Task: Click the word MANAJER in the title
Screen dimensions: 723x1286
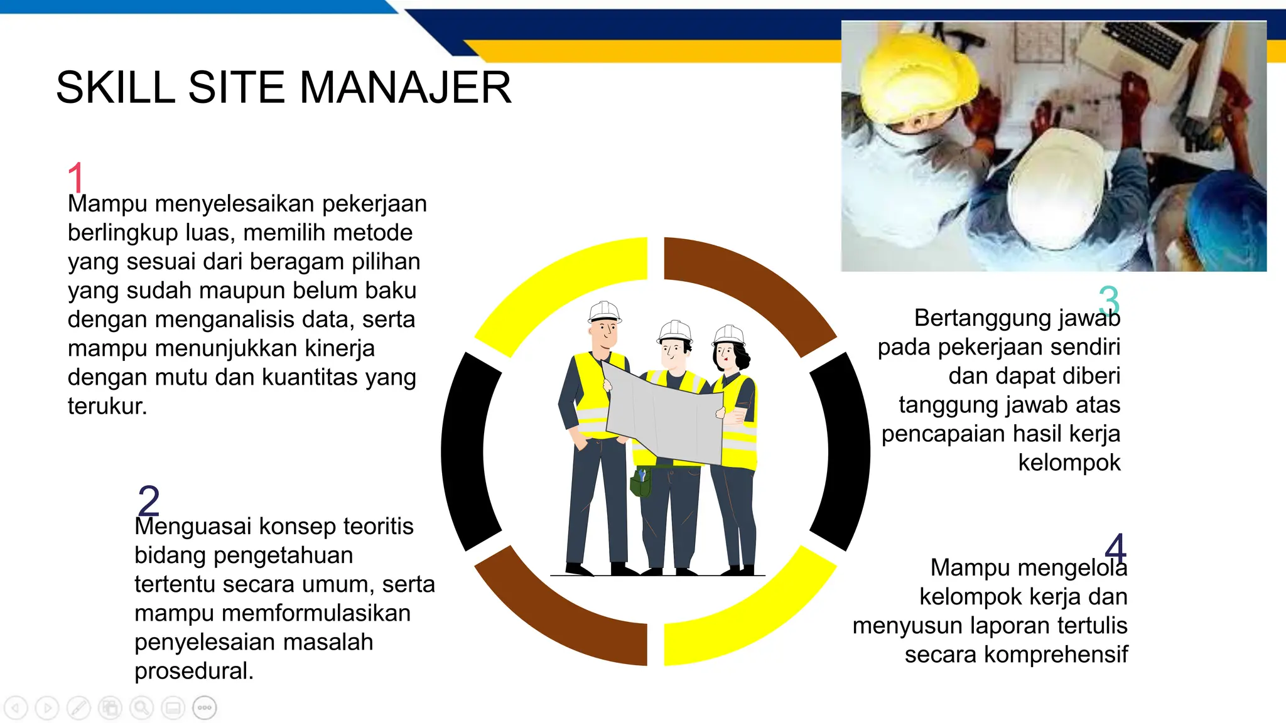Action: pyautogui.click(x=406, y=87)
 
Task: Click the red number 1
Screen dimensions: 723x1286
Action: pyautogui.click(x=75, y=178)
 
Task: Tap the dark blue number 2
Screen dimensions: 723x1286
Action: pyautogui.click(x=149, y=500)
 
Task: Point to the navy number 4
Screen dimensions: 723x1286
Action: pyautogui.click(x=1115, y=548)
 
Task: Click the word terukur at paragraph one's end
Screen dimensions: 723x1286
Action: pyautogui.click(x=107, y=406)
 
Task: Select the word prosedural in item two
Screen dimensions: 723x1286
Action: pyautogui.click(x=193, y=671)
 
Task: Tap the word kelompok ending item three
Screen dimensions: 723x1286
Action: pyautogui.click(x=1069, y=463)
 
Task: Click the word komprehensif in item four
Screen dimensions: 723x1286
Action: pyautogui.click(x=1056, y=655)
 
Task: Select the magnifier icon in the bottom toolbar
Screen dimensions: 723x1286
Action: pyautogui.click(x=141, y=708)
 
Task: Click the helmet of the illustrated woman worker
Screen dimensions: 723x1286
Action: pyautogui.click(x=729, y=335)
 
